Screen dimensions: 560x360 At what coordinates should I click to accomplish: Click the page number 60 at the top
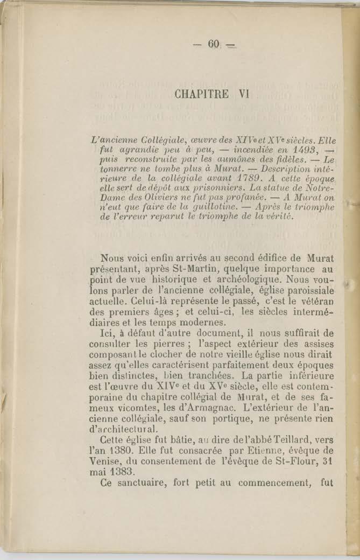(x=214, y=44)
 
